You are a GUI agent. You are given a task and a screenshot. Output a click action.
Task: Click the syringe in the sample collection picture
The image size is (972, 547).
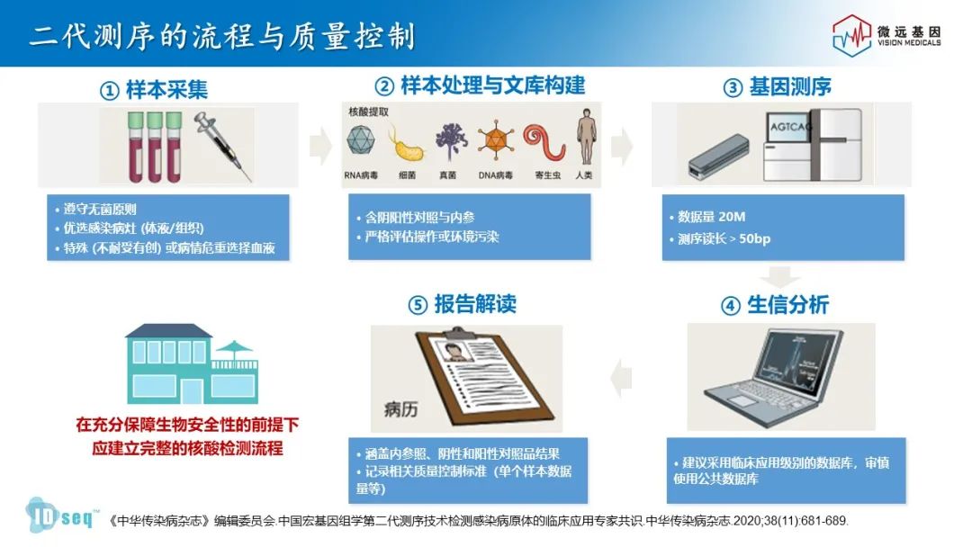tap(223, 147)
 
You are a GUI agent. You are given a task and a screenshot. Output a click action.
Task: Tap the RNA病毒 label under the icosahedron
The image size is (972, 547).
tap(361, 175)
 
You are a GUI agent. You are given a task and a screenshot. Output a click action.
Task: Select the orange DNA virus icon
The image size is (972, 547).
tap(495, 140)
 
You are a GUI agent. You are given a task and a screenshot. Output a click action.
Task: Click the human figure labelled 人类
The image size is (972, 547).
tap(586, 138)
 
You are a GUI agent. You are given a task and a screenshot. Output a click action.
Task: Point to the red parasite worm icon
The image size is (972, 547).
tap(544, 142)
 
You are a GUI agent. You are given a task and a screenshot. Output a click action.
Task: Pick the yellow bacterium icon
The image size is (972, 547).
tap(407, 147)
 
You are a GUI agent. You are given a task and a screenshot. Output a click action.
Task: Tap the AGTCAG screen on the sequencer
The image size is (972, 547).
tap(788, 128)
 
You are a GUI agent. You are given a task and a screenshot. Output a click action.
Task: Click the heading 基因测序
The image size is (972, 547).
tap(790, 87)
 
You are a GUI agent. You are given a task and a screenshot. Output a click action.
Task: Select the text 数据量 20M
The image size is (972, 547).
tap(712, 217)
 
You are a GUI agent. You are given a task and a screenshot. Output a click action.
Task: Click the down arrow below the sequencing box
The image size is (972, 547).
tap(779, 276)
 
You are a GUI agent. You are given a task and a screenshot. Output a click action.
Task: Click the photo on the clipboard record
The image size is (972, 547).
tap(452, 351)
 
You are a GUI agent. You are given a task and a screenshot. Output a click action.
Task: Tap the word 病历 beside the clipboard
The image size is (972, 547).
tap(400, 409)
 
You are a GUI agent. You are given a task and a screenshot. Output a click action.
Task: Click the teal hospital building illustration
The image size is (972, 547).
tap(193, 364)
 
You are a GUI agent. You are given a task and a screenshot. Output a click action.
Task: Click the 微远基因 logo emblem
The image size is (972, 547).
tap(851, 35)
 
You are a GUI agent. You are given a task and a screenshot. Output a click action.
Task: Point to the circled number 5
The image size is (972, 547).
tap(418, 305)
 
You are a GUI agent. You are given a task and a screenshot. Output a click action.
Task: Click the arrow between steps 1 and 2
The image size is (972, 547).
tap(320, 146)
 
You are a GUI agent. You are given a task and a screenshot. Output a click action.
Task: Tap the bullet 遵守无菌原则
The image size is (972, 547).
tap(100, 210)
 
